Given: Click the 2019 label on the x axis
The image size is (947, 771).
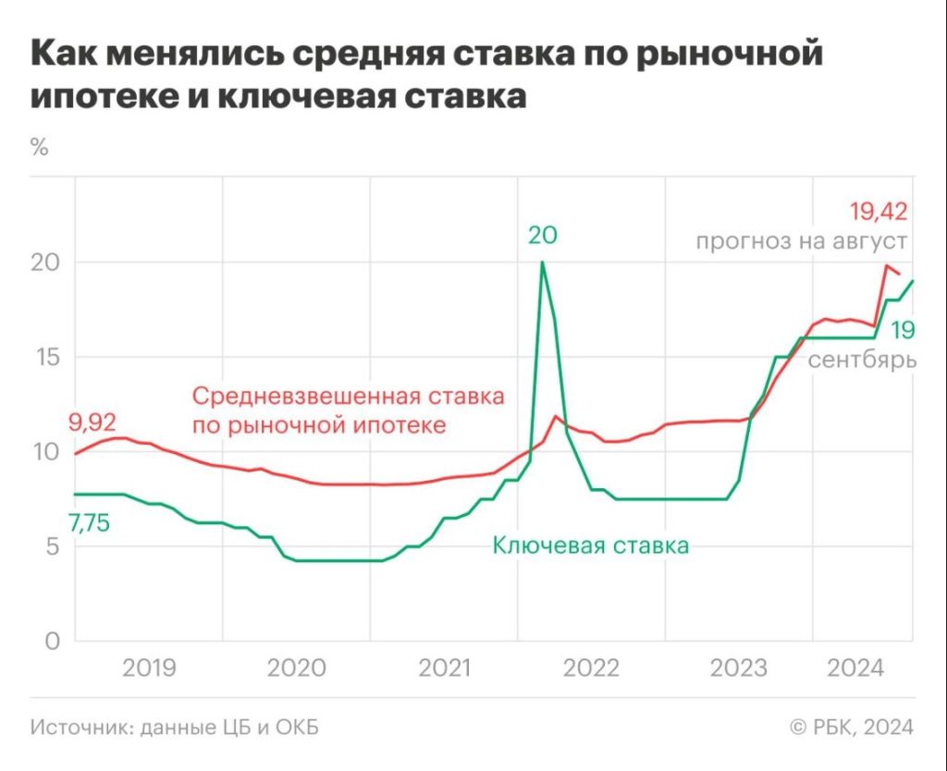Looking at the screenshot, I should [x=150, y=668].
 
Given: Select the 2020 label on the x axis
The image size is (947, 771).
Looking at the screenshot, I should [x=297, y=668].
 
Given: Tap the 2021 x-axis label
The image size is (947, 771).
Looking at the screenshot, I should [x=444, y=668].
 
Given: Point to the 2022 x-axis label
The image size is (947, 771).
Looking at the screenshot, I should [x=592, y=668].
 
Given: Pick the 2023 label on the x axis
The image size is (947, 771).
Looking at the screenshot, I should [x=739, y=668].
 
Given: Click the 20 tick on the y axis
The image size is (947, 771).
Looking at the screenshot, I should [x=44, y=263].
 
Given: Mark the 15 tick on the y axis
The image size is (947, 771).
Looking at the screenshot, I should [x=44, y=357].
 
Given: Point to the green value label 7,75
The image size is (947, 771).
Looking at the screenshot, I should [x=89, y=523].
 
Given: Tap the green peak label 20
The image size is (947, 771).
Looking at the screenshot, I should [x=543, y=236].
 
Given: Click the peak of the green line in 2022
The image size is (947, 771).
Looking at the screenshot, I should [x=542, y=263].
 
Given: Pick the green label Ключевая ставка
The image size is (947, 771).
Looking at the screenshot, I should [x=591, y=545].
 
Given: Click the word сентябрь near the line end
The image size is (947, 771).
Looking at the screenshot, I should [x=862, y=360].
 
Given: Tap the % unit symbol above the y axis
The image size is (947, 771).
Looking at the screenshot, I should [x=39, y=147].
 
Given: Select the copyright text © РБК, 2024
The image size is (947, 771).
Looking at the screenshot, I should [x=852, y=728].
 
